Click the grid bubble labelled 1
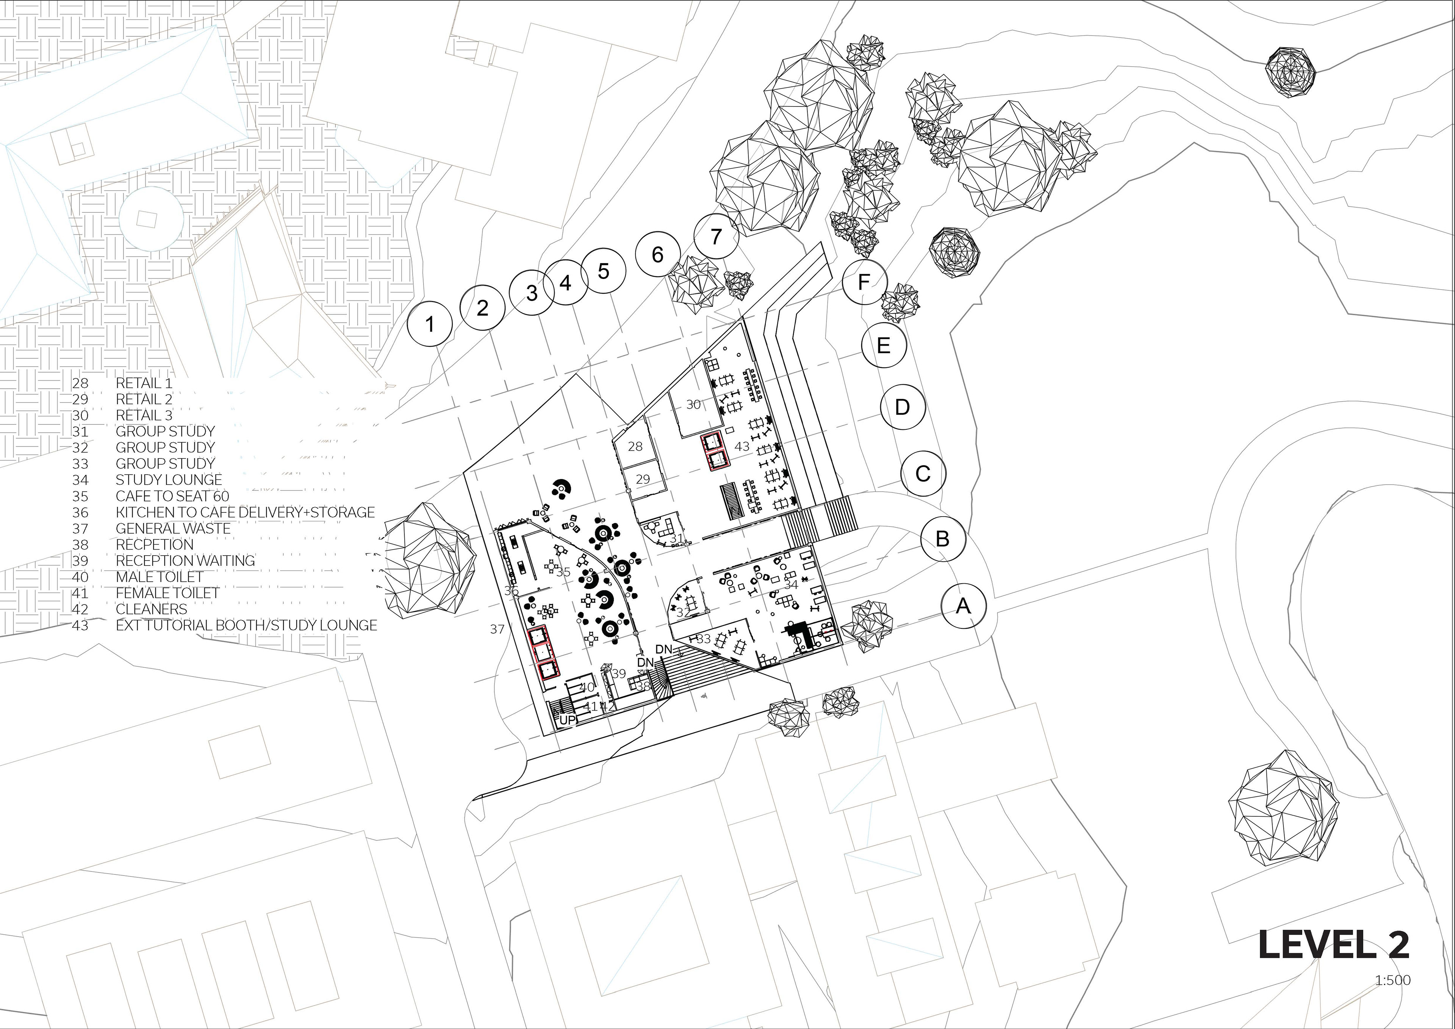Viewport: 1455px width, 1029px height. [430, 324]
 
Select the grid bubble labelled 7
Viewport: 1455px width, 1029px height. [716, 236]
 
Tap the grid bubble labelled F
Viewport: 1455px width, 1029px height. [864, 282]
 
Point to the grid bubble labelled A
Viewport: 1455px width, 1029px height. [963, 606]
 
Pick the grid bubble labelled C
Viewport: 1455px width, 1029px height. [923, 473]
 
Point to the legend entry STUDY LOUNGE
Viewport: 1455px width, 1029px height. [169, 480]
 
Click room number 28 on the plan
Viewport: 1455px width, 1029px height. [635, 446]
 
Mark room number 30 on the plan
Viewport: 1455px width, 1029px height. [693, 404]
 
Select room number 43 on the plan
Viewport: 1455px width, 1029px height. [742, 446]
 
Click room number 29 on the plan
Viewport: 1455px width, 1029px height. [643, 479]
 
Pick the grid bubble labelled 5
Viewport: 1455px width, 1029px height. [603, 271]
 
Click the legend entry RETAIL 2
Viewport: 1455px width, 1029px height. [144, 399]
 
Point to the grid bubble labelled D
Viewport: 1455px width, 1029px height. [903, 406]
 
